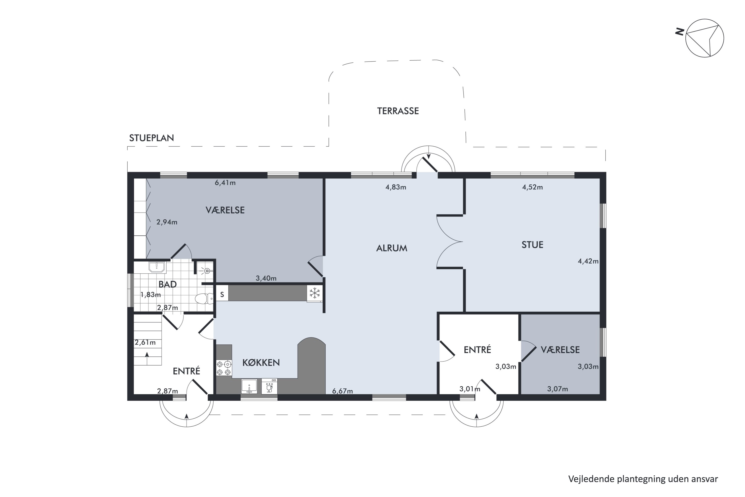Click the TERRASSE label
pos(398,111)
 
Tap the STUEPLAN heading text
pos(151,138)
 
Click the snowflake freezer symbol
pos(315,293)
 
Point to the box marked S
pos(222,294)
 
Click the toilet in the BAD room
pos(204,299)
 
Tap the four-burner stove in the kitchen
pos(224,368)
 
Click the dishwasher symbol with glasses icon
pos(269,386)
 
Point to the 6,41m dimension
pos(225,183)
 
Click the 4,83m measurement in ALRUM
pos(396,187)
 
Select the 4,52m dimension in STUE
pos(532,187)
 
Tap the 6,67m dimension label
pos(342,391)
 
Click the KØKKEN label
pos(261,363)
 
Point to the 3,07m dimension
pos(557,389)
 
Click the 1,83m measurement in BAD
pos(150,295)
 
